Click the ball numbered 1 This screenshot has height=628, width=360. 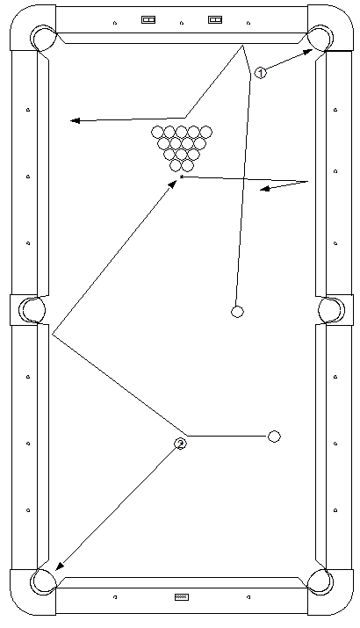(x=260, y=73)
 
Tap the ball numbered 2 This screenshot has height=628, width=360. (x=180, y=444)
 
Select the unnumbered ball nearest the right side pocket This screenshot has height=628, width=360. (x=237, y=312)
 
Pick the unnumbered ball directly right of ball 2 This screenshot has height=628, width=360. (x=274, y=437)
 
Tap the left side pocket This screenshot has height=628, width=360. (x=32, y=309)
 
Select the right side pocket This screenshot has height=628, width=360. (x=331, y=309)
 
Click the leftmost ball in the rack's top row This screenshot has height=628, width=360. (x=157, y=132)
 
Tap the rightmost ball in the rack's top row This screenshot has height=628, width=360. (x=205, y=132)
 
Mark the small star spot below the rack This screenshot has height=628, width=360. (x=182, y=177)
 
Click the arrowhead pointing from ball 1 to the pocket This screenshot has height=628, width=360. (x=307, y=52)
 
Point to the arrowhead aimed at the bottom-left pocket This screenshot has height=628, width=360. (x=59, y=566)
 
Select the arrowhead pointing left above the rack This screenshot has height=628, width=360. (x=76, y=120)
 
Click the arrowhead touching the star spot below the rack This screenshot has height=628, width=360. (x=173, y=184)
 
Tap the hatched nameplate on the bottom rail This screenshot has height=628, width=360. (x=182, y=597)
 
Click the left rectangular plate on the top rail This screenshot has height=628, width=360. (x=148, y=19)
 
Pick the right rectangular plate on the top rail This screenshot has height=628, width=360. (x=215, y=19)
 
